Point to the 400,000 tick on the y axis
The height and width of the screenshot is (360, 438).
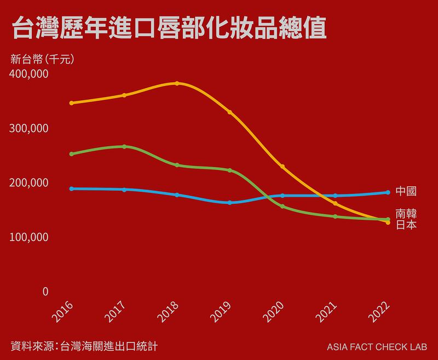tap(30, 74)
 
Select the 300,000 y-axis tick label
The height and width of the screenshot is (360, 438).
tap(30, 128)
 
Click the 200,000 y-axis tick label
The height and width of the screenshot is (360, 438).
tap(30, 182)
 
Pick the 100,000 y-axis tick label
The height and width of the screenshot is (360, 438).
tap(30, 237)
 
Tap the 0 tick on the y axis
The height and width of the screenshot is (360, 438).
tap(45, 292)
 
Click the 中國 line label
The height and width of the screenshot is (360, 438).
tap(406, 192)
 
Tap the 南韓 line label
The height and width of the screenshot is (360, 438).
tap(406, 214)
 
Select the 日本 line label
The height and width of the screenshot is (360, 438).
tap(406, 225)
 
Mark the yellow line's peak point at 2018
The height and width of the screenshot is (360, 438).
tap(177, 83)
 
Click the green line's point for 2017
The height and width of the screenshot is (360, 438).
tap(124, 146)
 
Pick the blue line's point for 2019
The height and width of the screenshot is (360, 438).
tap(230, 203)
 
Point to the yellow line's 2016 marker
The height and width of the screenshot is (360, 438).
tap(72, 103)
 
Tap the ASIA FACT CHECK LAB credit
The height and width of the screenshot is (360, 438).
tap(377, 347)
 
